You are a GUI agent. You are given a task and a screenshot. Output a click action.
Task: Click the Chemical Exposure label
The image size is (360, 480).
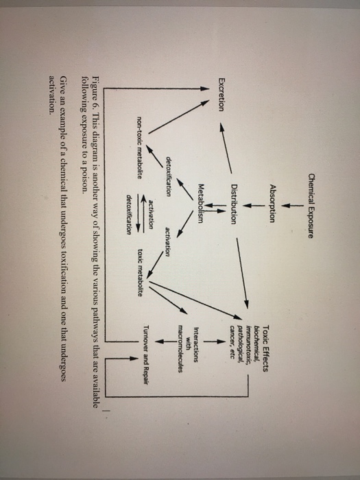311,206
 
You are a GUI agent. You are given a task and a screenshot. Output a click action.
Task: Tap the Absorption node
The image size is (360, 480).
272,203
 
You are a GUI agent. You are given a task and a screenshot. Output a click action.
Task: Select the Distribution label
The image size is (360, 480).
235,204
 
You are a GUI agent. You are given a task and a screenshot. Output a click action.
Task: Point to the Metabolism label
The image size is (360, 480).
201,204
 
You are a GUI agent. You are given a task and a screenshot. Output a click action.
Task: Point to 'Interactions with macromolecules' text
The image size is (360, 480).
189,350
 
